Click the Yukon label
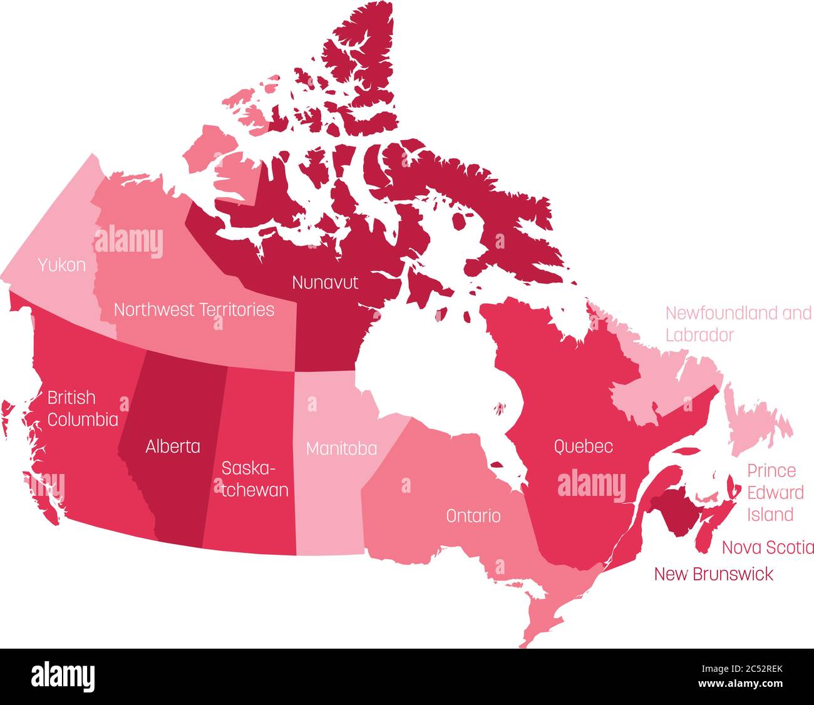pyautogui.click(x=61, y=265)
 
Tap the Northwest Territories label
pyautogui.click(x=194, y=309)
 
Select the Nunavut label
pyautogui.click(x=325, y=282)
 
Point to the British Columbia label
pyautogui.click(x=82, y=408)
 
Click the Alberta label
pyautogui.click(x=173, y=446)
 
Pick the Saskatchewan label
pyautogui.click(x=255, y=479)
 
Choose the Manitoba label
pyautogui.click(x=341, y=448)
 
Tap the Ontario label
pyautogui.click(x=473, y=516)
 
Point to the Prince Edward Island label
pyautogui.click(x=775, y=493)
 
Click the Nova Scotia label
pyautogui.click(x=768, y=547)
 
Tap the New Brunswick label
pyautogui.click(x=713, y=574)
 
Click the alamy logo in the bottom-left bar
pyautogui.click(x=63, y=677)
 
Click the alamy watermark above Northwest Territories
pyautogui.click(x=129, y=243)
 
